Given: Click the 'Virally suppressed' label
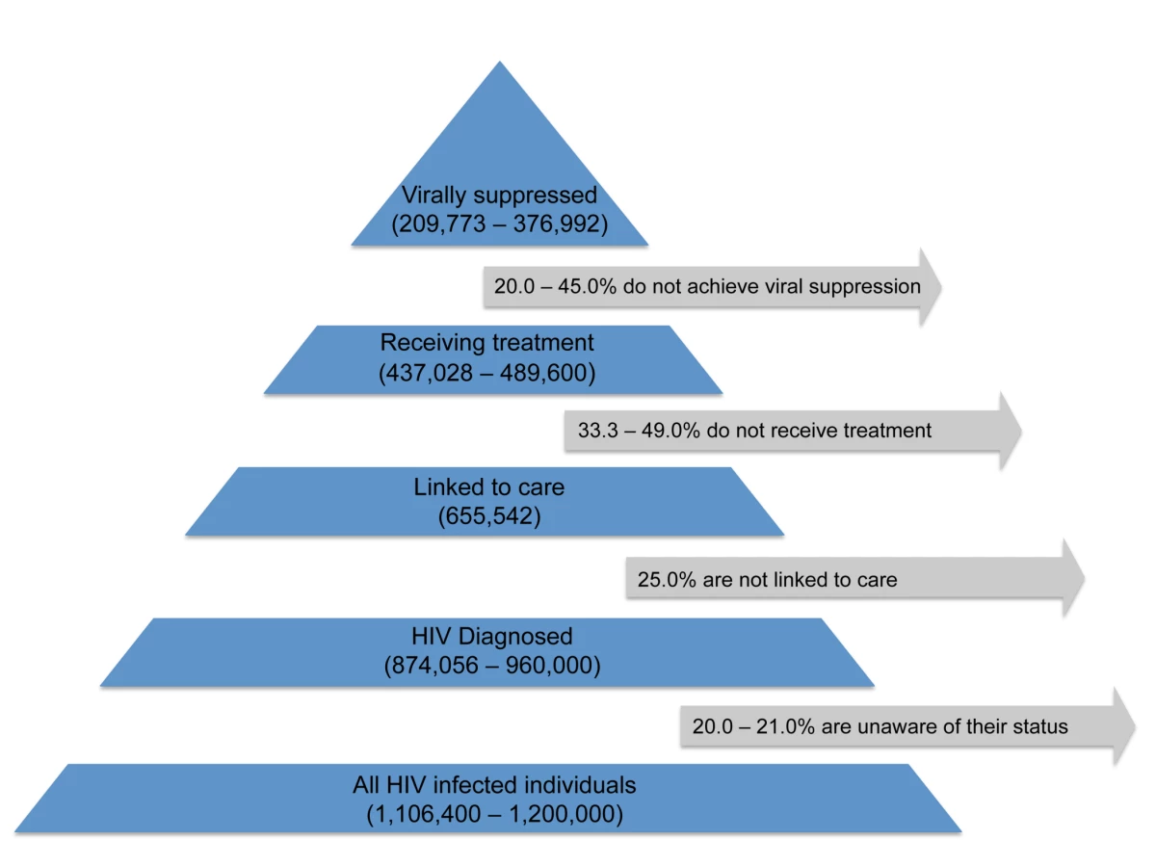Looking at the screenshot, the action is click(499, 196).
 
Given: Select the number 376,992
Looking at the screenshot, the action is click(557, 223).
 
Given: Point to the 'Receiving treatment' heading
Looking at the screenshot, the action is click(486, 343).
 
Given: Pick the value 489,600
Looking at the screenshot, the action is click(543, 373).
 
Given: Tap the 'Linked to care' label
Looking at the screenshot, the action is click(488, 486).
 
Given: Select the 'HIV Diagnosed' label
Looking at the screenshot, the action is click(492, 636).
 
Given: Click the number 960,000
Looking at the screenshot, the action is click(549, 666).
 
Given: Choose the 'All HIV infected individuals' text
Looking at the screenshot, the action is click(494, 785).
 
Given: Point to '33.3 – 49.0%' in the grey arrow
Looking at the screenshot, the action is click(639, 431).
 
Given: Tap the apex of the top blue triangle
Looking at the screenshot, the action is click(500, 62).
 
